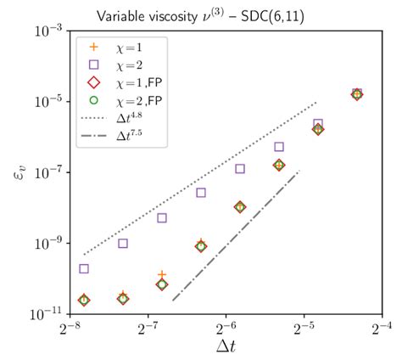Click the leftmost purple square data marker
[x=84, y=269]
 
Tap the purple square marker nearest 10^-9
[x=123, y=244]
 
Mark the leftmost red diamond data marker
[x=84, y=300]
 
